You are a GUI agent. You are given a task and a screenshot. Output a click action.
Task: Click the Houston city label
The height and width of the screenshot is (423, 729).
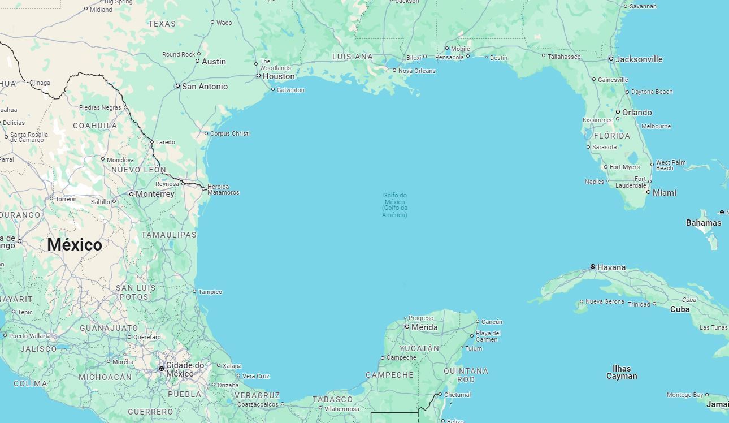point(279,76)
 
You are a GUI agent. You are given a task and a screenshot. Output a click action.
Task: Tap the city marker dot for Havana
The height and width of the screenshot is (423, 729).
point(593,266)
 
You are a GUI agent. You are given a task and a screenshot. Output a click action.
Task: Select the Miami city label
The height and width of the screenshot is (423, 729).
point(665,193)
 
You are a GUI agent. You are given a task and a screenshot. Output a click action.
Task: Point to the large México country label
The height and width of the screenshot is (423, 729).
point(75,245)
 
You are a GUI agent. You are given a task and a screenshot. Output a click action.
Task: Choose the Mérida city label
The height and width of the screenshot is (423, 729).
point(424,327)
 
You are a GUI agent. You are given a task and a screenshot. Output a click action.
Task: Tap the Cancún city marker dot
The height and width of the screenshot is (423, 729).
point(478,322)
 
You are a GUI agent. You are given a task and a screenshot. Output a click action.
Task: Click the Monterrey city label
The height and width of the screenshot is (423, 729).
point(155,194)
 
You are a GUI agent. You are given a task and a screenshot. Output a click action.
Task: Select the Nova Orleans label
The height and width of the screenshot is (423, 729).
point(417,71)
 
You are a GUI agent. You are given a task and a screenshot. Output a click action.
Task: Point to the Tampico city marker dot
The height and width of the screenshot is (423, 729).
point(194,292)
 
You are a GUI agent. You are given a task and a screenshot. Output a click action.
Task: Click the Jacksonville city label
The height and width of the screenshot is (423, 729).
point(639,59)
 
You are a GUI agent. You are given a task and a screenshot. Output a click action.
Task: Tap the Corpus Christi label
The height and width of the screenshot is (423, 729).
point(229,133)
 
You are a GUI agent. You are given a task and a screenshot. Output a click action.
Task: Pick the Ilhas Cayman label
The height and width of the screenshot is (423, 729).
point(622,372)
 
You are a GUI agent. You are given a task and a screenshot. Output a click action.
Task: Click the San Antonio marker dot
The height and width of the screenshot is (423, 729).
point(177,86)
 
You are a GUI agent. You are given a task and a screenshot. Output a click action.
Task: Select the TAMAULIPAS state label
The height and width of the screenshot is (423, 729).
point(169,235)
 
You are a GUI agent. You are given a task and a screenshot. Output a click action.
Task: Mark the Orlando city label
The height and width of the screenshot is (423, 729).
point(637,113)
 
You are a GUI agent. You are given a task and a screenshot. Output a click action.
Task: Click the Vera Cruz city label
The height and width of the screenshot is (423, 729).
point(256,376)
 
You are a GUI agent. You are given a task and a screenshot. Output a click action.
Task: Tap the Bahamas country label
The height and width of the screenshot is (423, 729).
point(704,223)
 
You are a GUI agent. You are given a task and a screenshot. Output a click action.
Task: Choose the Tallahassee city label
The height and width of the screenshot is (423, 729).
point(564,57)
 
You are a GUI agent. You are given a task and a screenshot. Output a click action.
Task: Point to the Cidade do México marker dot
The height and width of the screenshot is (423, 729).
point(162,369)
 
